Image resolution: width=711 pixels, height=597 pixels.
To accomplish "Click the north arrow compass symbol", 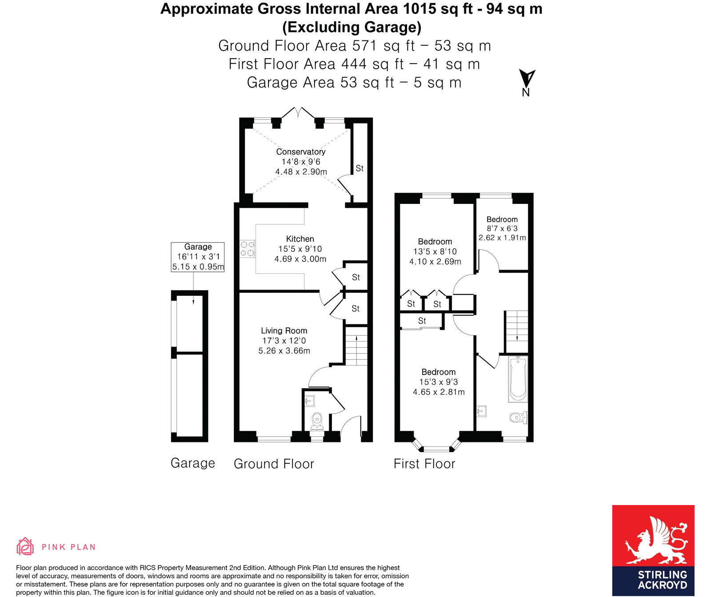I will (527, 80).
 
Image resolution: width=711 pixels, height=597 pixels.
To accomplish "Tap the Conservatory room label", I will (300, 152).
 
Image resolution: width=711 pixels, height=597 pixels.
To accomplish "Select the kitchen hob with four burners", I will (248, 249).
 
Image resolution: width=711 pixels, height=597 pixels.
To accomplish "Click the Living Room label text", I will (284, 330).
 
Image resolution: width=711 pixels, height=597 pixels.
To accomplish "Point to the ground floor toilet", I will (317, 421).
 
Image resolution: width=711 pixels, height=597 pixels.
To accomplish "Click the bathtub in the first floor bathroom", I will (518, 379).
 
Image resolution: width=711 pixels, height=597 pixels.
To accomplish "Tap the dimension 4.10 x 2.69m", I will (435, 262).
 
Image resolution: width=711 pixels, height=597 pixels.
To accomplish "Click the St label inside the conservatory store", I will (359, 168).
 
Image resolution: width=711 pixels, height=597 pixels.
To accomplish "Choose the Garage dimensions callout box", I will (198, 257).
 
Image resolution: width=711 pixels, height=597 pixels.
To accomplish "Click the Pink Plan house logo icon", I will (25, 546).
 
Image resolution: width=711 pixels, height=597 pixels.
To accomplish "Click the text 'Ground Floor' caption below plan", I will (274, 464).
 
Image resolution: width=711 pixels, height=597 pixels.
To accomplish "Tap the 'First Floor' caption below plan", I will (424, 464).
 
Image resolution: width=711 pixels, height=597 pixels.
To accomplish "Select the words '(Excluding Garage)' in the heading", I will (352, 27).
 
